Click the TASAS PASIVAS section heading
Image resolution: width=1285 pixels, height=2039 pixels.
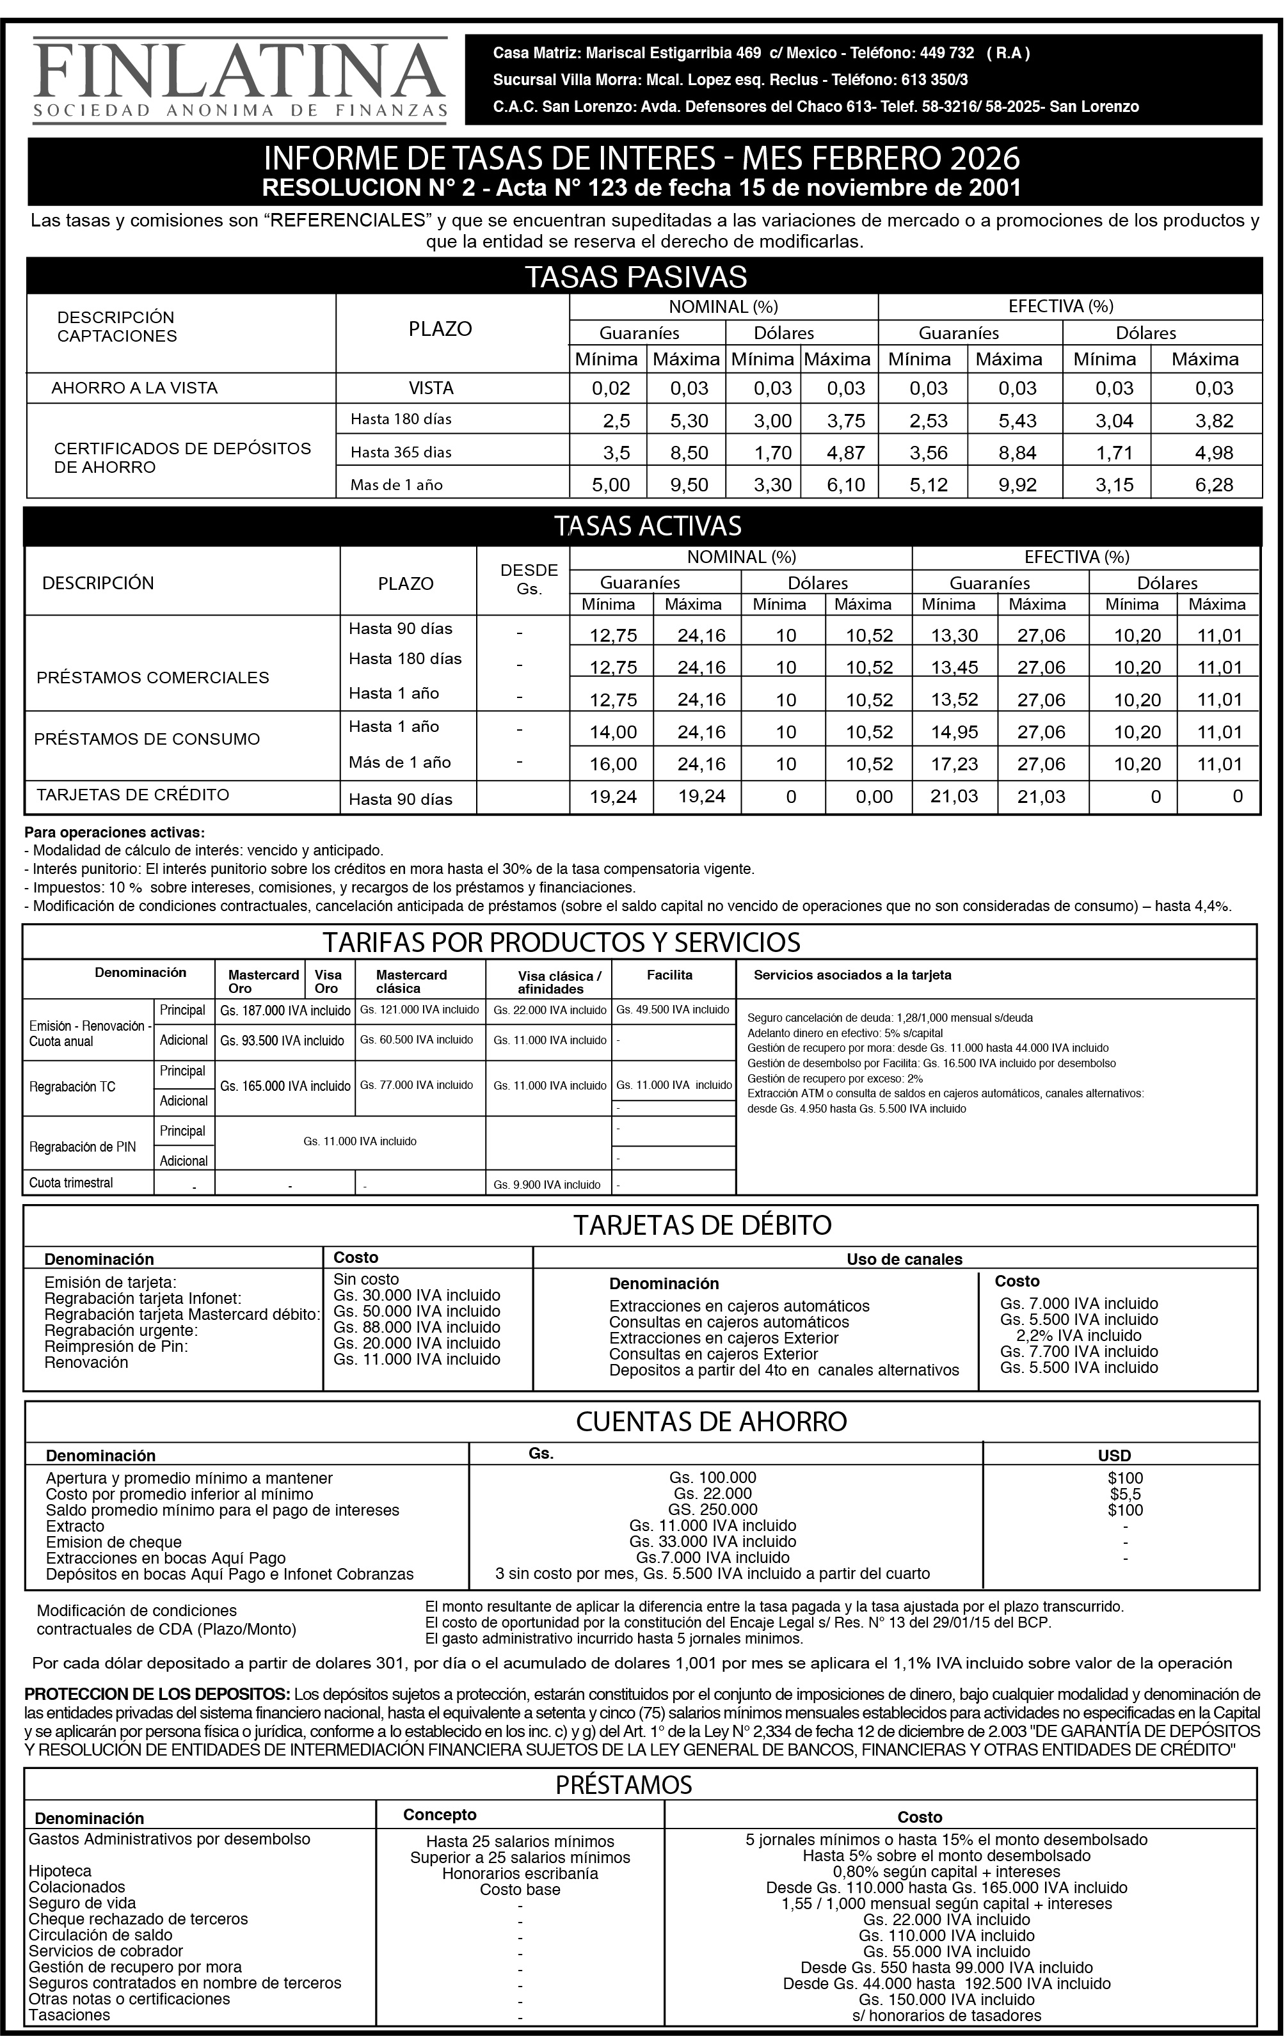tap(635, 277)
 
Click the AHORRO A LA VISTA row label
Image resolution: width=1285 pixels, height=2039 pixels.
tap(134, 388)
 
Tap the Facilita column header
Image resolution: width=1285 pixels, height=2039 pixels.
tap(669, 974)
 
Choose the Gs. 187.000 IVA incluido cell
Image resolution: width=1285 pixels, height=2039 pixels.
tap(285, 1010)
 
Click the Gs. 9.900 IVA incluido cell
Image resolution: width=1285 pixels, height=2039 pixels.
tap(547, 1185)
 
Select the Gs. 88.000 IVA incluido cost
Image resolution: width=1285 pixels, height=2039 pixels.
tap(417, 1328)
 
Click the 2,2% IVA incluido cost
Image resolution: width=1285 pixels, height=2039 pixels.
tap(1078, 1335)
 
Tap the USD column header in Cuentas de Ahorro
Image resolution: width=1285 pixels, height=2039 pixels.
tap(1114, 1456)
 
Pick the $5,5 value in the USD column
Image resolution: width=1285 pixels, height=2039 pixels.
tap(1125, 1495)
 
